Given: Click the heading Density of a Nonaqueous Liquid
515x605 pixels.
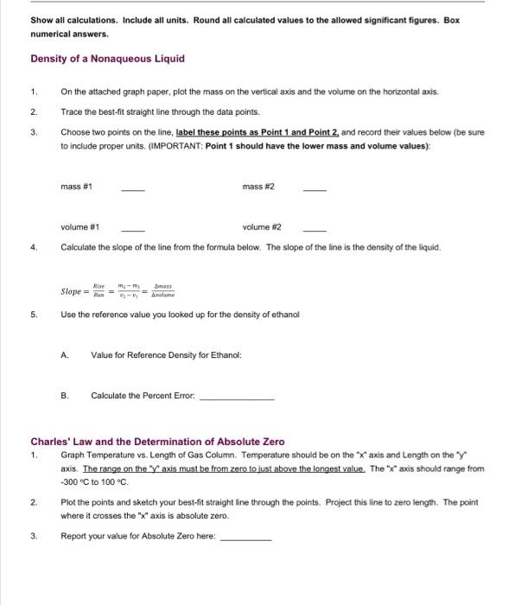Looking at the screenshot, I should [x=107, y=59].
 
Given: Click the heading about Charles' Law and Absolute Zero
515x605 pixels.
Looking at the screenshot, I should [x=157, y=442].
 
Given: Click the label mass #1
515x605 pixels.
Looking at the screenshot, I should [x=77, y=186].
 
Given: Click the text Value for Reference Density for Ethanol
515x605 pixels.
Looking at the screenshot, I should [x=166, y=355].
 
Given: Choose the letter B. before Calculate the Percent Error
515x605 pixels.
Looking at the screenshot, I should [x=65, y=396].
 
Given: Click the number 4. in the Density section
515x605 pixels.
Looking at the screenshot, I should [x=34, y=247].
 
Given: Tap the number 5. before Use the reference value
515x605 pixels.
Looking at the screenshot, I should [x=34, y=315].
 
